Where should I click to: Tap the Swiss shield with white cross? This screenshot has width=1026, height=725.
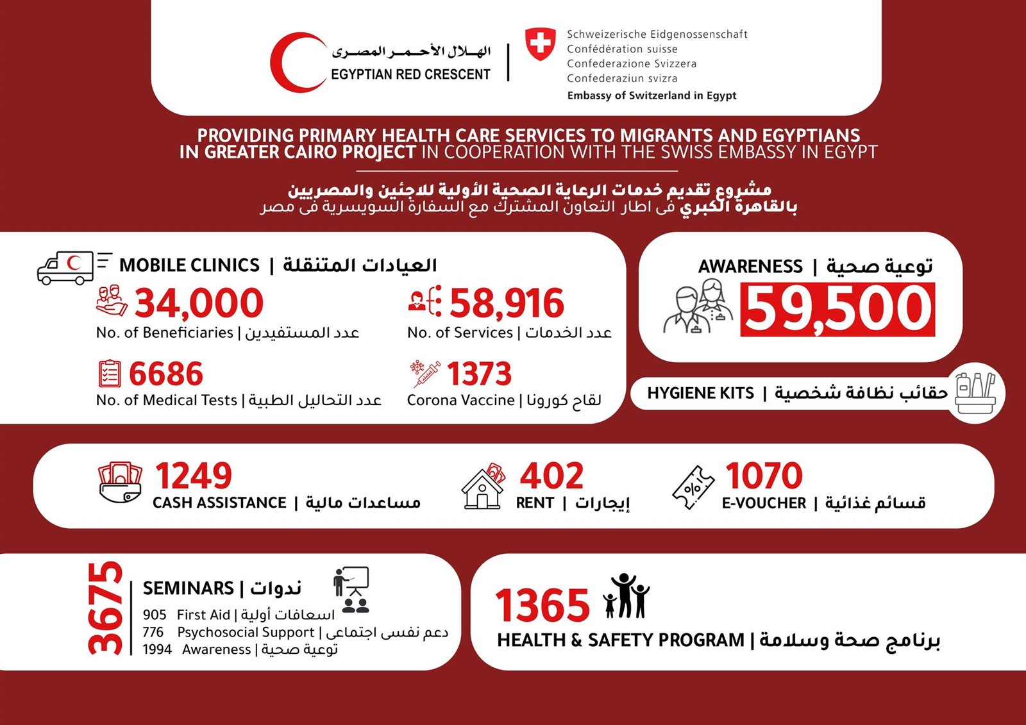[541, 44]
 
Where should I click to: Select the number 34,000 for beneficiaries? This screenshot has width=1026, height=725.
[199, 303]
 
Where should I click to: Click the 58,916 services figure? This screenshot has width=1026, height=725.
[507, 303]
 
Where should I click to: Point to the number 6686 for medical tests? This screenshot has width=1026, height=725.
[166, 374]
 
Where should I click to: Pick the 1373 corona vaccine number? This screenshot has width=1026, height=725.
[479, 374]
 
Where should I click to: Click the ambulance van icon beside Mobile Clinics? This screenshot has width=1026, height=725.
[66, 268]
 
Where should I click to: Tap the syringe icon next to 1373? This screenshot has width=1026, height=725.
[425, 374]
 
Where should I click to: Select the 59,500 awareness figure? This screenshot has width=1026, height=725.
[837, 309]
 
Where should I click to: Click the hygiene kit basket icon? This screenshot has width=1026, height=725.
[975, 393]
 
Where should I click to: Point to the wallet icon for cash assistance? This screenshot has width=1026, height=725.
[120, 483]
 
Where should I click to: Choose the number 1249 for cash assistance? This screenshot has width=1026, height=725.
[194, 476]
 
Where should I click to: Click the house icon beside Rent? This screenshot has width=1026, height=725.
[483, 488]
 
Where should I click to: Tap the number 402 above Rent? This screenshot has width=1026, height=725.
[551, 476]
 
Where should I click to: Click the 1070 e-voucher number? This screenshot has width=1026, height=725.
[764, 476]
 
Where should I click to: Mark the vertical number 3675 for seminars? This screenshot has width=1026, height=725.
[106, 608]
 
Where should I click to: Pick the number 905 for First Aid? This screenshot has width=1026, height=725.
[155, 615]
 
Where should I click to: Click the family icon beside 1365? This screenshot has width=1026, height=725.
[627, 596]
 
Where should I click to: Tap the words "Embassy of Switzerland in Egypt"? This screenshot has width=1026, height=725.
[652, 96]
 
